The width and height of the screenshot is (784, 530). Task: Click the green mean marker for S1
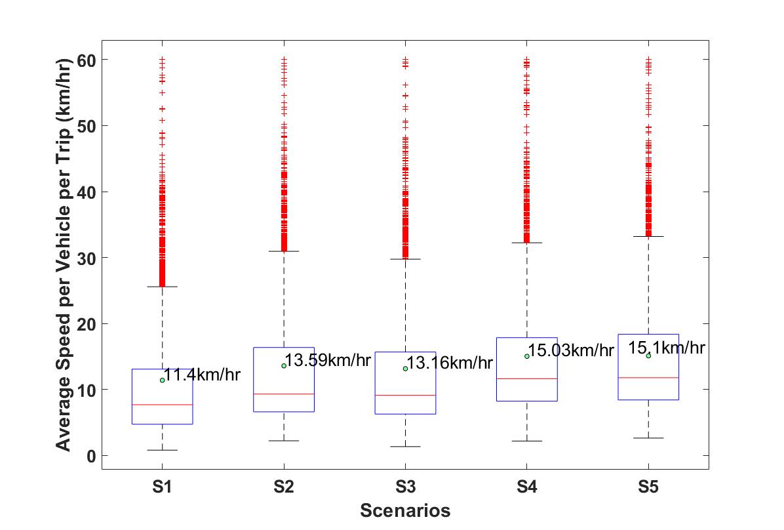pyautogui.click(x=163, y=380)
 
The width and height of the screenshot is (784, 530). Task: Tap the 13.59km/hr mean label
pyautogui.click(x=328, y=360)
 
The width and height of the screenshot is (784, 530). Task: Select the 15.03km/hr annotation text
pyautogui.click(x=571, y=350)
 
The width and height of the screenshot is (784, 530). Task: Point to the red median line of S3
pyautogui.click(x=406, y=396)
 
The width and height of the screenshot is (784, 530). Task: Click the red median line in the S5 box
pyautogui.click(x=648, y=377)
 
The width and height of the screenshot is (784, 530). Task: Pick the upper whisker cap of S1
pyautogui.click(x=163, y=287)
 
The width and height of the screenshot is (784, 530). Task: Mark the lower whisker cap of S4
pyautogui.click(x=527, y=441)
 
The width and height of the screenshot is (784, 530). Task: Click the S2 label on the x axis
pyautogui.click(x=283, y=487)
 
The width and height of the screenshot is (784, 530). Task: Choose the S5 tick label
pyautogui.click(x=648, y=487)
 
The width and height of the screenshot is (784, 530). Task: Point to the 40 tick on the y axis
pyautogui.click(x=86, y=192)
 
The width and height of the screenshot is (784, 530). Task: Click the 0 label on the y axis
pyautogui.click(x=91, y=456)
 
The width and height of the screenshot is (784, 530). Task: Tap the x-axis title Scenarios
pyautogui.click(x=406, y=510)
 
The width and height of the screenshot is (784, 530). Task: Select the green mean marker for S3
pyautogui.click(x=406, y=369)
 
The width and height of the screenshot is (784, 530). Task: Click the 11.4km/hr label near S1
pyautogui.click(x=203, y=375)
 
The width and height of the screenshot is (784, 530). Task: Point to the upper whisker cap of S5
pyautogui.click(x=648, y=236)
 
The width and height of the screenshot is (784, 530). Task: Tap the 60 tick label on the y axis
pyautogui.click(x=86, y=60)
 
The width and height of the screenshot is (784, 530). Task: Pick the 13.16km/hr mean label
pyautogui.click(x=450, y=363)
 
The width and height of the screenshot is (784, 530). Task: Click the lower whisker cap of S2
pyautogui.click(x=284, y=441)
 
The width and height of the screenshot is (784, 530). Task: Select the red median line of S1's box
pyautogui.click(x=163, y=404)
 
